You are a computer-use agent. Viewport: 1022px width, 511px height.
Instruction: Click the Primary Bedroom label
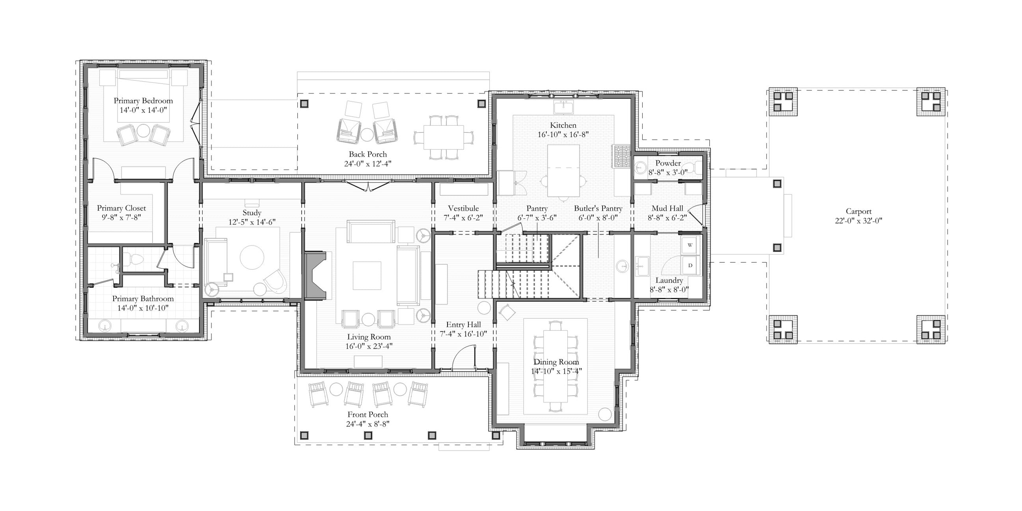click(143, 101)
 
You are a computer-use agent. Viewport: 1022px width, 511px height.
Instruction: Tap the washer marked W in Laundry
click(690, 245)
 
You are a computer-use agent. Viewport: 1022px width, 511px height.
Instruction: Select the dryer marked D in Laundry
click(690, 265)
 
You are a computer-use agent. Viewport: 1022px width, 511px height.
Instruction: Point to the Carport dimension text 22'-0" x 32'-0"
click(858, 221)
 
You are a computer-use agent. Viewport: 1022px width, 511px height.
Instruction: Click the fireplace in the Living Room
click(315, 274)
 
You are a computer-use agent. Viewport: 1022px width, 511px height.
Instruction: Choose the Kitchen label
click(563, 125)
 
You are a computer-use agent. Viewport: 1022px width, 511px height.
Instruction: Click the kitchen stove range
click(622, 157)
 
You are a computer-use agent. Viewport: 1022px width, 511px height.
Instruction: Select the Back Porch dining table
click(444, 137)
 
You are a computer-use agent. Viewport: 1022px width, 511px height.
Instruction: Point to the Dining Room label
click(556, 362)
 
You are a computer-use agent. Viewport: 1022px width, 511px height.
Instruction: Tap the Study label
click(252, 213)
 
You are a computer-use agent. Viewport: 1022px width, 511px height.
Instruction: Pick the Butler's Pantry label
click(598, 209)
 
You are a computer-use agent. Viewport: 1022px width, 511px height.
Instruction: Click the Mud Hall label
click(667, 209)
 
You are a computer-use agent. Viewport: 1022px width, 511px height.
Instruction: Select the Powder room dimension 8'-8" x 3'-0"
click(668, 173)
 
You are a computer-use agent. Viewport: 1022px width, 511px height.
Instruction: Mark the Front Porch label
click(368, 414)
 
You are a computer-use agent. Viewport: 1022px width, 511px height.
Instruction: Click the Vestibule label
click(463, 209)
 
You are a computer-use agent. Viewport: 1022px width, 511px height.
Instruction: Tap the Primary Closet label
click(121, 208)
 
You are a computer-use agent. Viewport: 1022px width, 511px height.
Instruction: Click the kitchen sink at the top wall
click(563, 107)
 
